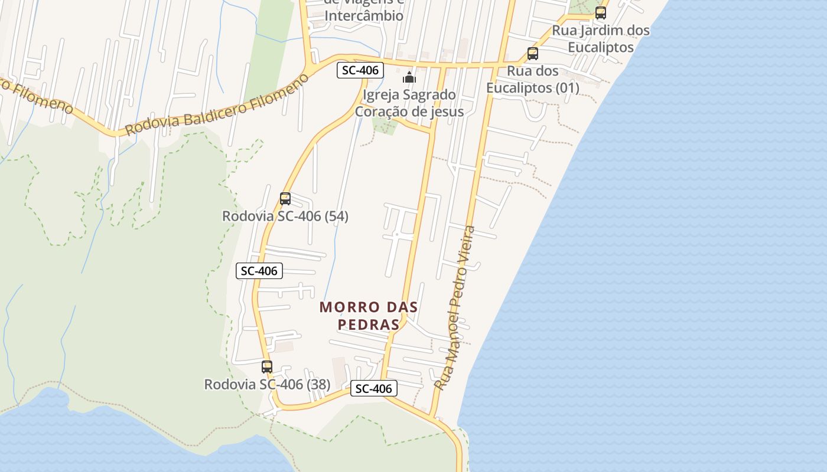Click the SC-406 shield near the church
point(360,70)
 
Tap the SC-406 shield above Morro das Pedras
point(259,271)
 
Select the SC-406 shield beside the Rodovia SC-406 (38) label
point(374,389)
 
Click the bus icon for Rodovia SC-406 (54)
point(285,199)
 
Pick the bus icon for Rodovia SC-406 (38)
point(267,367)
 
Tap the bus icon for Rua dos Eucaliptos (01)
point(533,54)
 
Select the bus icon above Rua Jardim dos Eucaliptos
point(601,12)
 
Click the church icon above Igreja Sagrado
point(409,77)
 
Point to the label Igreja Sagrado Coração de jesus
point(409,103)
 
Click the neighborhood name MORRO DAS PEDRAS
point(369,316)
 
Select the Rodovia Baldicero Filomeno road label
point(217,105)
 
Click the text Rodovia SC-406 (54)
point(285,217)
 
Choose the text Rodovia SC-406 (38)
point(267,385)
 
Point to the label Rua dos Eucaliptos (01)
point(533,80)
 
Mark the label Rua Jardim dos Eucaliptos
point(601,38)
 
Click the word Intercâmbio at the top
point(364,16)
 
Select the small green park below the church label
point(385,126)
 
